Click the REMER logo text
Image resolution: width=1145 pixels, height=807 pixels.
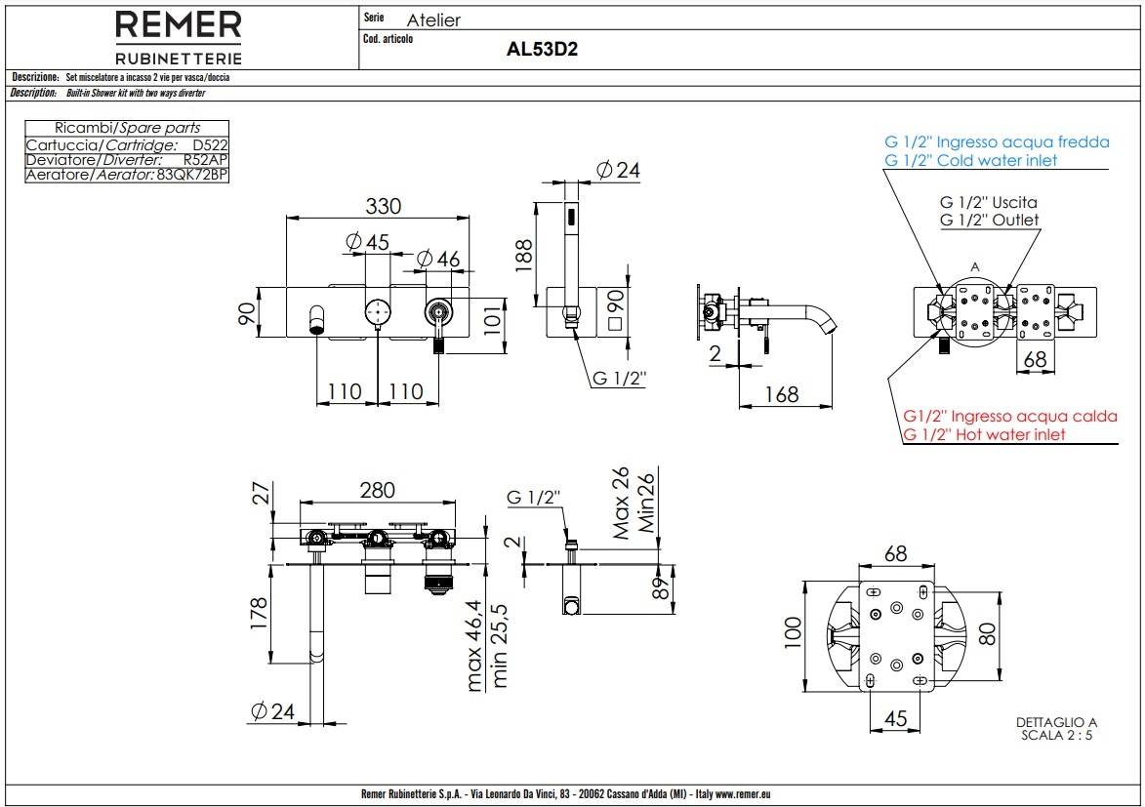[179, 25]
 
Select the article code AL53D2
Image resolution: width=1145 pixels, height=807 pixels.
[542, 50]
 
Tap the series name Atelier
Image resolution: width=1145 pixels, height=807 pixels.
[433, 20]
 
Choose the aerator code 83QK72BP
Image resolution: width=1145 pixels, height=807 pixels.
[191, 175]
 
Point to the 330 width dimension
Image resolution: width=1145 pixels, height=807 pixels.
[384, 207]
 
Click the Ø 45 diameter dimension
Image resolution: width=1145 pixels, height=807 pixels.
[367, 241]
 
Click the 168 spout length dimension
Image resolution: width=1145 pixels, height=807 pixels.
[781, 394]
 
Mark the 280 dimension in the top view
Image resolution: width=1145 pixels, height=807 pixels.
[379, 490]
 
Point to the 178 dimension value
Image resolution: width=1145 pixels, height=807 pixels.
[259, 615]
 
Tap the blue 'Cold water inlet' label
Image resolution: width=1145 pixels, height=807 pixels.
[970, 160]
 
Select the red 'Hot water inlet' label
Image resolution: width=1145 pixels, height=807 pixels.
[984, 434]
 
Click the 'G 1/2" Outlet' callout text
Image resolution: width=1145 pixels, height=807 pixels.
[989, 220]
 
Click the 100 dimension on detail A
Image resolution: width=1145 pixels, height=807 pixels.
[793, 632]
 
